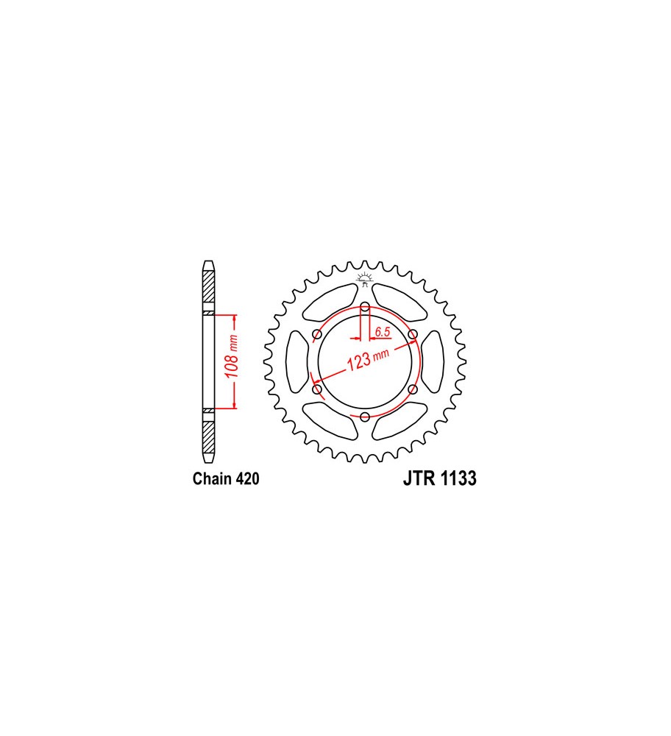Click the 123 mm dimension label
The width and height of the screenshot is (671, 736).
pos(367,360)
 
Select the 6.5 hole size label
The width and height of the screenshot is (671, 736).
pos(383,332)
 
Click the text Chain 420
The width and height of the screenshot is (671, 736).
pos(226,478)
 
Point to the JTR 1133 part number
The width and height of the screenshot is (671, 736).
pos(440,478)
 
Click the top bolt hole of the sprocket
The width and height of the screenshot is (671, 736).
pos(365,308)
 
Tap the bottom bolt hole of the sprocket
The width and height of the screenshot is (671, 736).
pos(365,417)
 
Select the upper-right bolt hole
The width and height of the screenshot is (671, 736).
pos(413,334)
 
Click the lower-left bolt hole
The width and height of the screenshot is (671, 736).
pos(317,389)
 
